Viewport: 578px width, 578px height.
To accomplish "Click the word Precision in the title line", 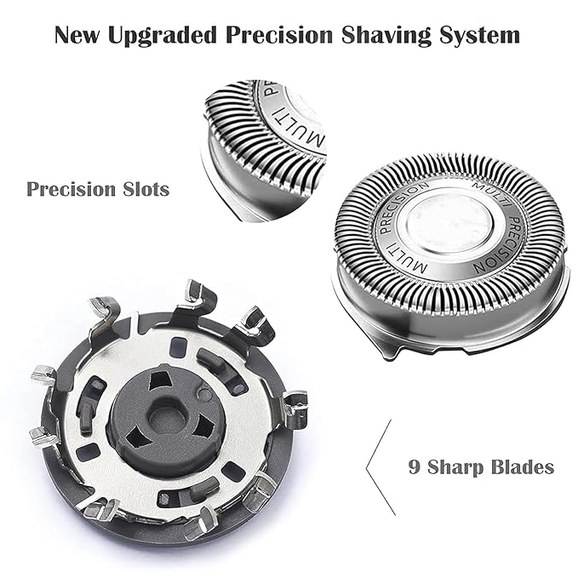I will point(281,36).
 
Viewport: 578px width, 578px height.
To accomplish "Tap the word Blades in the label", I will point(522,466).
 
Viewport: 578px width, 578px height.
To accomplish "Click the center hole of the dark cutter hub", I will point(167,415).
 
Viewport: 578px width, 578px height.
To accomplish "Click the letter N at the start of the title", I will point(64,36).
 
